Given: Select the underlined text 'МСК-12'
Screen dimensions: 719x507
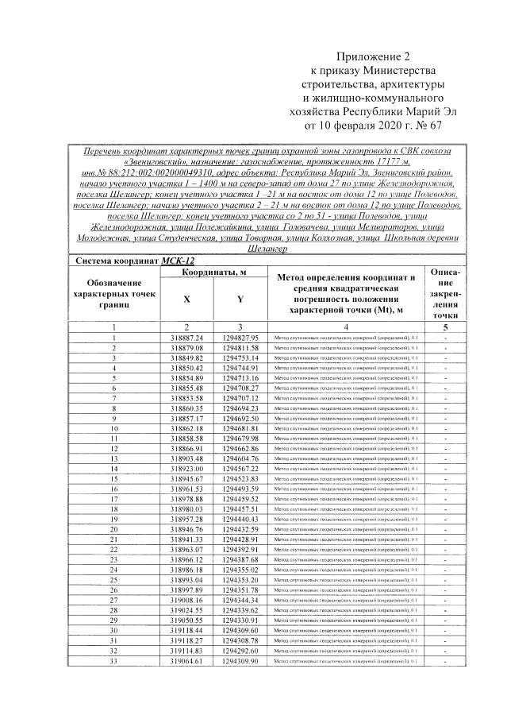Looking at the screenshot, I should pos(179,260).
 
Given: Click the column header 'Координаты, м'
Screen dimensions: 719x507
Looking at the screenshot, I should pos(213,273).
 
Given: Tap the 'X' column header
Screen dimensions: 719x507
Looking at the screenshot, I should pos(186,300).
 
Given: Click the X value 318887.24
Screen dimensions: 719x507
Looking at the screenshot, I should pos(186,338).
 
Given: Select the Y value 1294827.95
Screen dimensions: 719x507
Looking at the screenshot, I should pos(240,338).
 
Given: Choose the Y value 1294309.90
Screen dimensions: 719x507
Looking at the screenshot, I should pos(240,661).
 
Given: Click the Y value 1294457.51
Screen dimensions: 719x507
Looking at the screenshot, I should pos(240,508).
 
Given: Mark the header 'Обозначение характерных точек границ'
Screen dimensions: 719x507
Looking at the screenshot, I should pos(114,294).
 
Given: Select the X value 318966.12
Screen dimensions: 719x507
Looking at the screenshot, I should pos(186,559).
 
